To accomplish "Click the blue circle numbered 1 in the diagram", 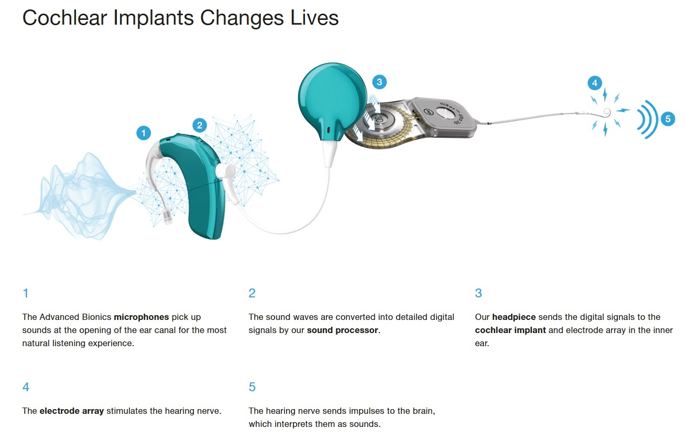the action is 144,133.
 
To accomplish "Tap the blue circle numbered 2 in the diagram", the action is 200,125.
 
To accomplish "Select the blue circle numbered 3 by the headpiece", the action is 379,82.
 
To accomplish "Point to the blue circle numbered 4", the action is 595,83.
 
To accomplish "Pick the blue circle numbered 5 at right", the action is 668,119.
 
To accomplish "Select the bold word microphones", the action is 141,317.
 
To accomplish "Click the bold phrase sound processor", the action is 342,330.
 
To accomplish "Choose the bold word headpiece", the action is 514,317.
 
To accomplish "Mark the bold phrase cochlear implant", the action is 510,330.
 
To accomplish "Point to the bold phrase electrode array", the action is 71,411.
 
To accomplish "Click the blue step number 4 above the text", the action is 26,387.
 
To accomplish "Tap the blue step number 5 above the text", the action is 252,387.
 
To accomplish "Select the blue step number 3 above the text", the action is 478,293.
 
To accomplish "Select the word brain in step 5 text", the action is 423,411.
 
